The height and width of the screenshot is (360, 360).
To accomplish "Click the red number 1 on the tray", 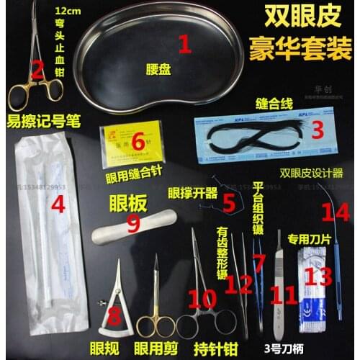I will pyautogui.click(x=184, y=45).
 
